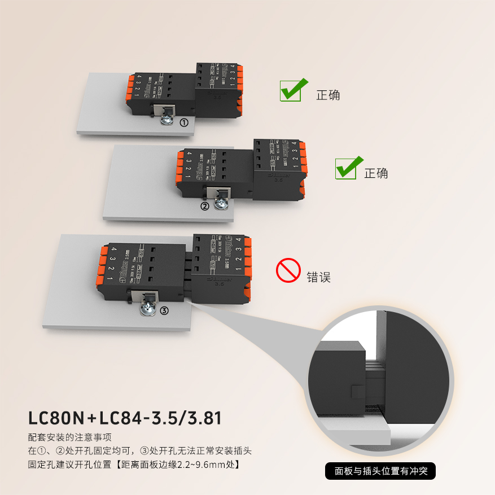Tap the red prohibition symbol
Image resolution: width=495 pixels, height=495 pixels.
pyautogui.click(x=287, y=271)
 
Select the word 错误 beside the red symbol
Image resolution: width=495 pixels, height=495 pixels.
pyautogui.click(x=318, y=277)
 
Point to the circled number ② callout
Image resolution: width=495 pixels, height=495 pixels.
pyautogui.click(x=205, y=206)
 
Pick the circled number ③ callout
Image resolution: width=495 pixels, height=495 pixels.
pyautogui.click(x=164, y=310)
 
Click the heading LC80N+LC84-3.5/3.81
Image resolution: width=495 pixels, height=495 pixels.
pyautogui.click(x=125, y=418)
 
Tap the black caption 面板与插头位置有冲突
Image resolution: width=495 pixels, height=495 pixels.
pyautogui.click(x=381, y=471)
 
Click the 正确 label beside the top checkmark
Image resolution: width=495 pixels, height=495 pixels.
pyautogui.click(x=328, y=95)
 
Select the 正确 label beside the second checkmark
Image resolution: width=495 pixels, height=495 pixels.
pyautogui.click(x=376, y=173)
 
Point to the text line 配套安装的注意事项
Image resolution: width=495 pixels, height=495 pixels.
pyautogui.click(x=69, y=437)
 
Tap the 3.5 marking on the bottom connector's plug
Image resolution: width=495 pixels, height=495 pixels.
pyautogui.click(x=218, y=285)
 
